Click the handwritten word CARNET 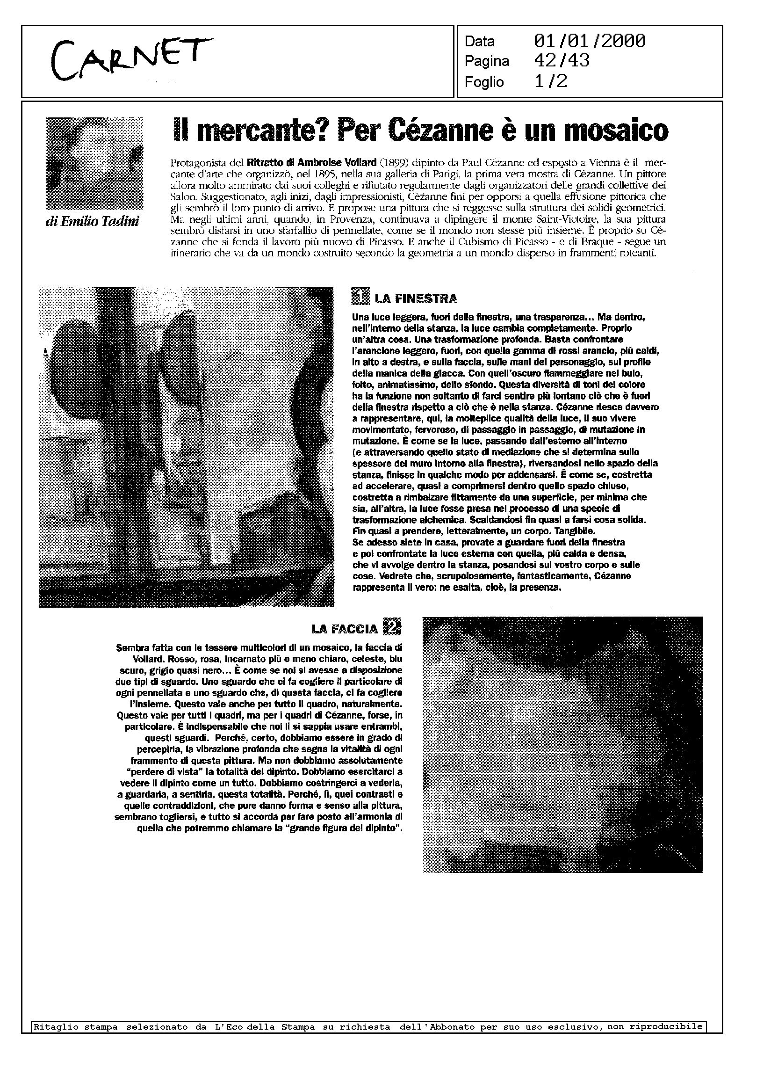point(132,59)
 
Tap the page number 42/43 point(562,61)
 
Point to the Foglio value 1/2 point(550,81)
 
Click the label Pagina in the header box point(486,61)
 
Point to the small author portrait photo point(94,163)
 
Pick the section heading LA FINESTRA point(416,299)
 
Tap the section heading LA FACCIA point(345,629)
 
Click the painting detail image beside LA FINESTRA point(187,447)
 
